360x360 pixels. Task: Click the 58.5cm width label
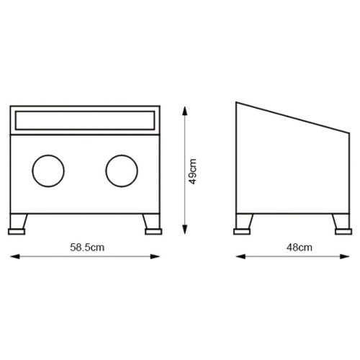[87, 248]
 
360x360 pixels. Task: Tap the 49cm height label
[192, 171]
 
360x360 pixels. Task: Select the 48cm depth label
[300, 248]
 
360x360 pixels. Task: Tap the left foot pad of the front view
[17, 232]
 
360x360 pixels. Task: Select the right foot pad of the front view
[153, 232]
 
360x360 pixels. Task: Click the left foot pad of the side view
[242, 232]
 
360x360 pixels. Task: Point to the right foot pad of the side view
[343, 232]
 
